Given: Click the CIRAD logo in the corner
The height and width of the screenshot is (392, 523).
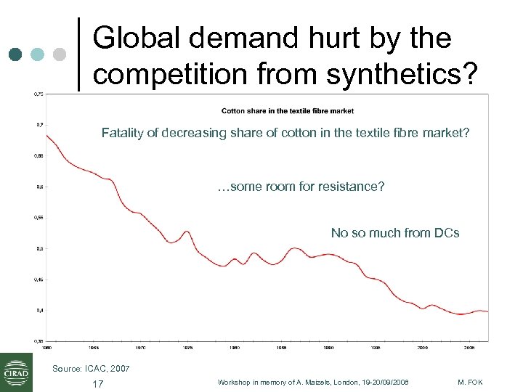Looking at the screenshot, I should coord(16,372).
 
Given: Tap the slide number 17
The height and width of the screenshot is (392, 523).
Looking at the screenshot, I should coord(98,383).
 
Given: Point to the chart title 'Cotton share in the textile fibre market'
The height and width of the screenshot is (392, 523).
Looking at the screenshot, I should coord(288,111).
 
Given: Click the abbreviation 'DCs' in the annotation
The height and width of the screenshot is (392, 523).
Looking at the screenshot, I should coord(446,233).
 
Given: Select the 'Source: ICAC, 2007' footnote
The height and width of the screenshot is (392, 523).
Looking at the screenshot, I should coord(91,369).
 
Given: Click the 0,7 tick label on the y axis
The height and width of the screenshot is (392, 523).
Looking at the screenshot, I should coord(38,124).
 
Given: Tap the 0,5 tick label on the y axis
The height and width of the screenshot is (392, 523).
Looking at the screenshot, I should coord(38,249).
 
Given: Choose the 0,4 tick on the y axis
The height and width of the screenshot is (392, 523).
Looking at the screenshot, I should coord(38,311).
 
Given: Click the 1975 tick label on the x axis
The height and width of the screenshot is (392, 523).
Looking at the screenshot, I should coord(187,348).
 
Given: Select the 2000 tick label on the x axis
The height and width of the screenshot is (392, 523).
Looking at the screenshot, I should coord(423,348).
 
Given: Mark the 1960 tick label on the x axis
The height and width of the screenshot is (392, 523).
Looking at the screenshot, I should coord(46,348).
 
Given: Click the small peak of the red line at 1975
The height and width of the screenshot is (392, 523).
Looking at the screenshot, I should coord(187,232).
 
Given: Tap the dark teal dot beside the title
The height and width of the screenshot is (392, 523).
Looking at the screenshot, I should coord(17,54).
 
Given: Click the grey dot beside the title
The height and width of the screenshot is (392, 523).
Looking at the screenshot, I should coord(60,54).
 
